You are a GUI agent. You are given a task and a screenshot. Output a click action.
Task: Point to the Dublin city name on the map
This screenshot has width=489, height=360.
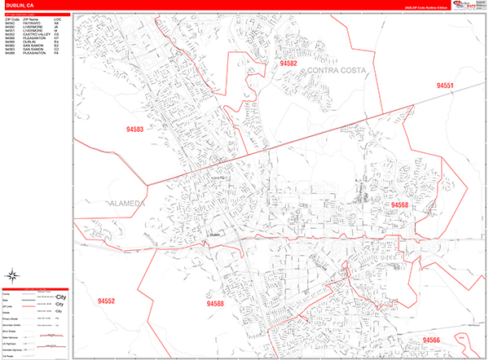[215, 236]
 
